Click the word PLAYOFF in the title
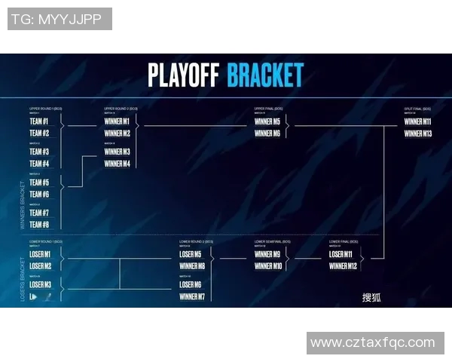click(184, 75)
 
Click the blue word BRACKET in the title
click(265, 75)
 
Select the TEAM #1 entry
click(39, 121)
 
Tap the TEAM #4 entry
click(39, 164)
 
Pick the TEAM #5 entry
click(39, 183)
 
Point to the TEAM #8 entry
click(39, 225)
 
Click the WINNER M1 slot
click(117, 121)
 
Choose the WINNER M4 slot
click(117, 164)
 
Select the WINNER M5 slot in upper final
click(267, 121)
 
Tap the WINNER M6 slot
click(267, 133)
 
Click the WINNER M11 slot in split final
click(417, 121)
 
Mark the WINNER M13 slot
click(417, 133)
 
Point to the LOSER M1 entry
click(41, 254)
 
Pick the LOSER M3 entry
click(41, 285)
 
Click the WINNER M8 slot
click(192, 266)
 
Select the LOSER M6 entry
click(191, 285)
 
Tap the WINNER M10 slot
click(267, 266)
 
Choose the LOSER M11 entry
click(341, 254)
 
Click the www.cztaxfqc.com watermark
click(373, 342)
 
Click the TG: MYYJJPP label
click(60, 19)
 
